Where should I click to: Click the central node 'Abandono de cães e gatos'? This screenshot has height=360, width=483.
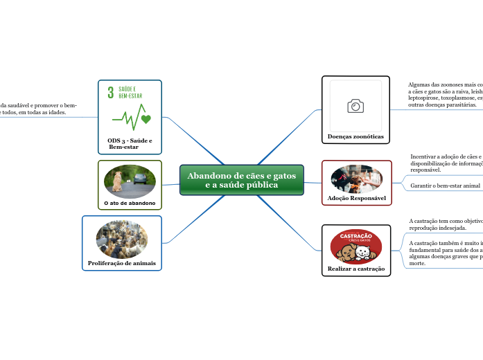(241, 180)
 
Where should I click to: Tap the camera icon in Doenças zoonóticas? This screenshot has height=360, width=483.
(355, 105)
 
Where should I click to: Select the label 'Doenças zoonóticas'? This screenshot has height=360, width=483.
(355, 136)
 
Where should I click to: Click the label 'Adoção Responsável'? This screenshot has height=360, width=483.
(356, 198)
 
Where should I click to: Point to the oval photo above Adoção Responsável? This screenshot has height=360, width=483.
(356, 178)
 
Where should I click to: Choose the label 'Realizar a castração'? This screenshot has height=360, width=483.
(355, 268)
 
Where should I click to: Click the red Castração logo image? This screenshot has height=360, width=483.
(355, 246)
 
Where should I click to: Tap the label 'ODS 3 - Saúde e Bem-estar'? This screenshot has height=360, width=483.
(130, 144)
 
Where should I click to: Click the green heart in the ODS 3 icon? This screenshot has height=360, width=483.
(146, 119)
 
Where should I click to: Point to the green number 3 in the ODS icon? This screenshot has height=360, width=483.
(110, 93)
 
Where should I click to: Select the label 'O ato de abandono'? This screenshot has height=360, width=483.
(130, 203)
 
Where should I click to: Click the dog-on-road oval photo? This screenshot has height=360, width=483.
(130, 181)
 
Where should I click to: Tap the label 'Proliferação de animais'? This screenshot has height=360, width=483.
(122, 264)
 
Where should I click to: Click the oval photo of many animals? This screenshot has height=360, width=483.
(122, 240)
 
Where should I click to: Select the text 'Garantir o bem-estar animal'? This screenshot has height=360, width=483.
(445, 186)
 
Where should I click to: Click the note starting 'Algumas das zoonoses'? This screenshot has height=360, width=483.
(446, 94)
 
